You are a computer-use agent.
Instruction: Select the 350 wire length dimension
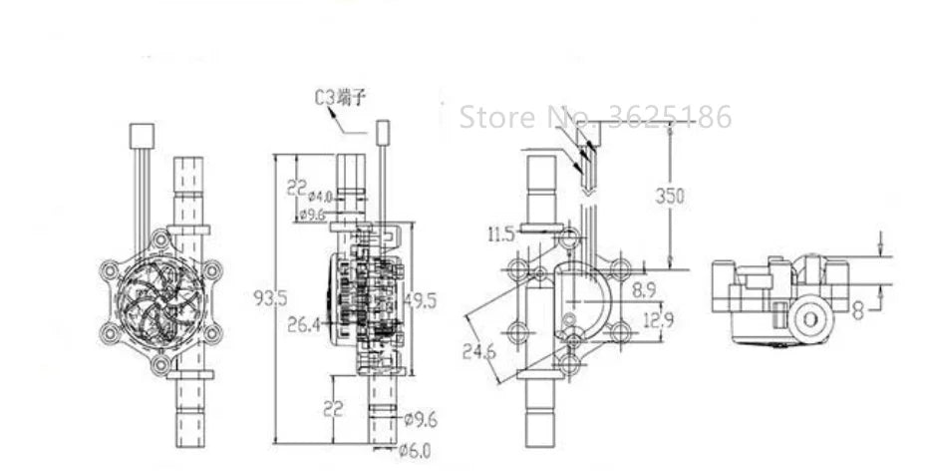tap(670, 196)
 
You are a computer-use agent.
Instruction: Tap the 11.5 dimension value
tap(501, 235)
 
